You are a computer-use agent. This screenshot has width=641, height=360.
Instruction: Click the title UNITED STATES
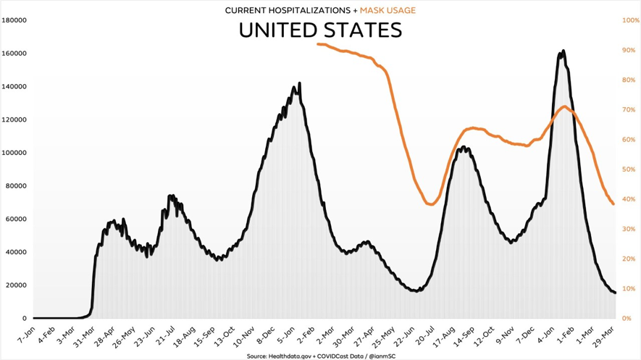click(320, 30)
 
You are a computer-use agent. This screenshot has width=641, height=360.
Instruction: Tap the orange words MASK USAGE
click(388, 10)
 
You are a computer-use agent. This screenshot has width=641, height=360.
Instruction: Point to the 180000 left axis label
click(14, 20)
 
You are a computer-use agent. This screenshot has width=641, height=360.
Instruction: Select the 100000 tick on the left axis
click(14, 153)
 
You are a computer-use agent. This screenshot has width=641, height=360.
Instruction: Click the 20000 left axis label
click(16, 285)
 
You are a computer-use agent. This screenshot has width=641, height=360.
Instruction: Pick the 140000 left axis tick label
click(14, 87)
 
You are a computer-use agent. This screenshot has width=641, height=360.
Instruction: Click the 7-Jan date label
click(25, 335)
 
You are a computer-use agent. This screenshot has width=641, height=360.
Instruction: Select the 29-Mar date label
click(607, 335)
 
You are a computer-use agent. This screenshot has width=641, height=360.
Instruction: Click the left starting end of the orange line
click(317, 44)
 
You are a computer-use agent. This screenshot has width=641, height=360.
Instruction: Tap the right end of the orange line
click(613, 204)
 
